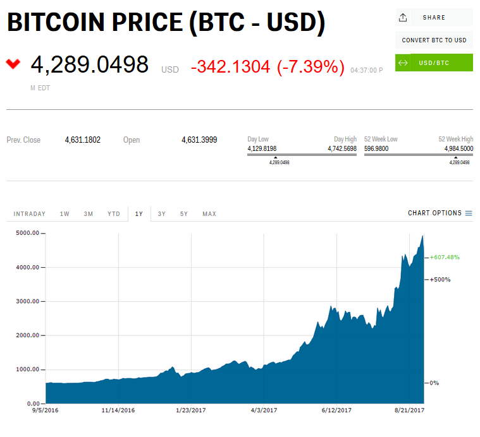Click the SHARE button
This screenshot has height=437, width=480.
coord(434,18)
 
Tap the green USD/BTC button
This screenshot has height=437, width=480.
coord(434,63)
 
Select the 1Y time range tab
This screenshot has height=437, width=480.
coord(139,214)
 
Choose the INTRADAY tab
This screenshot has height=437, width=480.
coord(30,214)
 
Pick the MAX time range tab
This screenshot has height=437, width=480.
coord(209,214)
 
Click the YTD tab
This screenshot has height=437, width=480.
coord(114,214)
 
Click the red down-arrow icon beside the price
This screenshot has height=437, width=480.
coord(13,64)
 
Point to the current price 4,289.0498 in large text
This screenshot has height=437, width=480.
coord(89,65)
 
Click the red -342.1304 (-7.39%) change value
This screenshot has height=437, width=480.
coord(268,67)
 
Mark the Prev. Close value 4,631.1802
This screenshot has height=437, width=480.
coord(83,140)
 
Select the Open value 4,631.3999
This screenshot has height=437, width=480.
coord(199,140)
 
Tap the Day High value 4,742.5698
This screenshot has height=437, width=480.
coord(342,149)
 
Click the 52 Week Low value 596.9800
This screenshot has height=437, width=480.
coord(376,149)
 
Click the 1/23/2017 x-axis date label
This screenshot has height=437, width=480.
coord(190,410)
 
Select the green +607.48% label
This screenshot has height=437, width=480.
coord(445,257)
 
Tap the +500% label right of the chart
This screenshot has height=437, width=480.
coord(440,279)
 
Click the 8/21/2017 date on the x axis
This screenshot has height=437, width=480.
coord(409,410)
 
